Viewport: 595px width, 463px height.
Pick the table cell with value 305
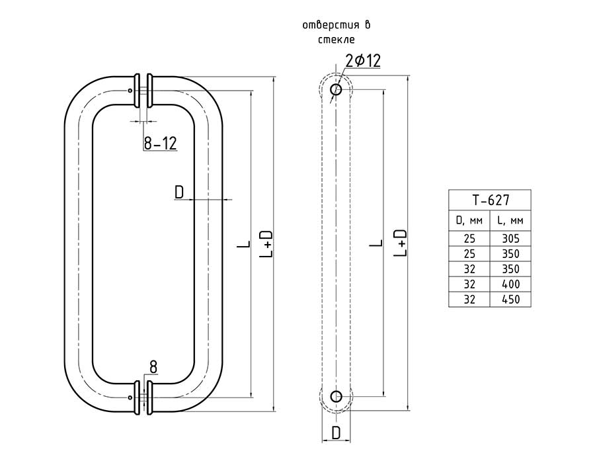pyautogui.click(x=510, y=239)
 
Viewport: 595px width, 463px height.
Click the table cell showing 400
pyautogui.click(x=510, y=284)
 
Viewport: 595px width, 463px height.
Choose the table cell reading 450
pyautogui.click(x=510, y=300)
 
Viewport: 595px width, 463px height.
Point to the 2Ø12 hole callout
pyautogui.click(x=363, y=62)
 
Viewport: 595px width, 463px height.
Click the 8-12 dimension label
pyautogui.click(x=160, y=143)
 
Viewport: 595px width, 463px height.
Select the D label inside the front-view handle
pyautogui.click(x=179, y=192)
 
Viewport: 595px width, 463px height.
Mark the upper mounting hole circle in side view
pyautogui.click(x=337, y=89)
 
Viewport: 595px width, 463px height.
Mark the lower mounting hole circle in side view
pyautogui.click(x=337, y=397)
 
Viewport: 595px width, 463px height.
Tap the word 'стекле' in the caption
pyautogui.click(x=336, y=40)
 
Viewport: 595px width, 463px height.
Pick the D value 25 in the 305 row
pyautogui.click(x=469, y=239)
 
